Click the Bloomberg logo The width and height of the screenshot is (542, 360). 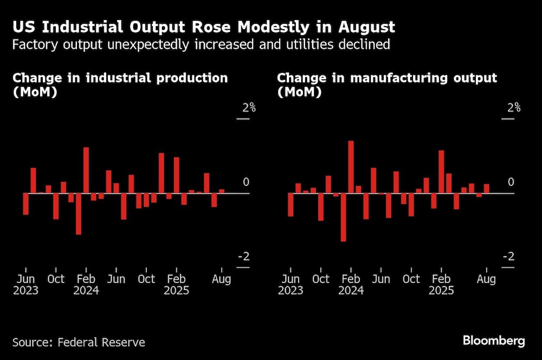click(x=493, y=341)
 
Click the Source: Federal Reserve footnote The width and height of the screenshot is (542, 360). click(x=79, y=342)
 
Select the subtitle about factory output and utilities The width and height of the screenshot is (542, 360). click(x=201, y=44)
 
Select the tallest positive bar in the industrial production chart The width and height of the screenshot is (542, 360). click(x=86, y=170)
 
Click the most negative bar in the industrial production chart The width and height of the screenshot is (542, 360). click(x=79, y=214)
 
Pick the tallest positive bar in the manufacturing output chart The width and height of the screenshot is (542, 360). click(x=351, y=166)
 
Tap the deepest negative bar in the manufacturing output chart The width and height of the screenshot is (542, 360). click(x=343, y=217)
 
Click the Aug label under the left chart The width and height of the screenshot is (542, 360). click(x=221, y=279)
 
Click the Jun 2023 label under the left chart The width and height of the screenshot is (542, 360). click(x=25, y=285)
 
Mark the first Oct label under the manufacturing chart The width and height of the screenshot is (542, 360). click(x=321, y=279)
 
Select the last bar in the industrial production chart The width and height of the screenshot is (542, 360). click(x=222, y=191)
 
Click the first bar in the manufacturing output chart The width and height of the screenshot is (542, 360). click(x=291, y=204)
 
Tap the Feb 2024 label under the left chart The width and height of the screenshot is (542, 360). click(x=86, y=285)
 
